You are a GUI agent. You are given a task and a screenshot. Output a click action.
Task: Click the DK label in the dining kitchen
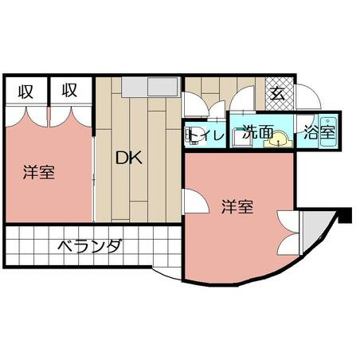pos(129,158)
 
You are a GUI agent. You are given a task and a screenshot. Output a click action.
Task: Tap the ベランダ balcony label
pos(90,246)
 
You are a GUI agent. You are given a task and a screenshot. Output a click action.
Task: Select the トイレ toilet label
pos(206,135)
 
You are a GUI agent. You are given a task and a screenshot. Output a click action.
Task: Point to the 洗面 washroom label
pos(258,131)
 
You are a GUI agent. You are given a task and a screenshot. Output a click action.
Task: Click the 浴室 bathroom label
pos(319,132)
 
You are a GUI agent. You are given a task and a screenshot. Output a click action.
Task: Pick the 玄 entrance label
pos(277,94)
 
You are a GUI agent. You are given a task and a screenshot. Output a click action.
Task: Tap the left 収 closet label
pos(25,91)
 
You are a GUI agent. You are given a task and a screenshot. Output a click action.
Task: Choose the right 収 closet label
pos(69,90)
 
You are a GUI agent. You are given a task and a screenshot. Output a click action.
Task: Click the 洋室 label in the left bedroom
pos(39,172)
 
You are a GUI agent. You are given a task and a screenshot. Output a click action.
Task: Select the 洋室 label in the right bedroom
pos(237,206)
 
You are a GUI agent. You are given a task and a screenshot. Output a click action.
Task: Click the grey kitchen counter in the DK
pos(150,87)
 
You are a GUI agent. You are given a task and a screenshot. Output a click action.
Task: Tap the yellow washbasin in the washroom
pos(278,139)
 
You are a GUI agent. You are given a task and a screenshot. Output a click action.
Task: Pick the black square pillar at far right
pos(345,215)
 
